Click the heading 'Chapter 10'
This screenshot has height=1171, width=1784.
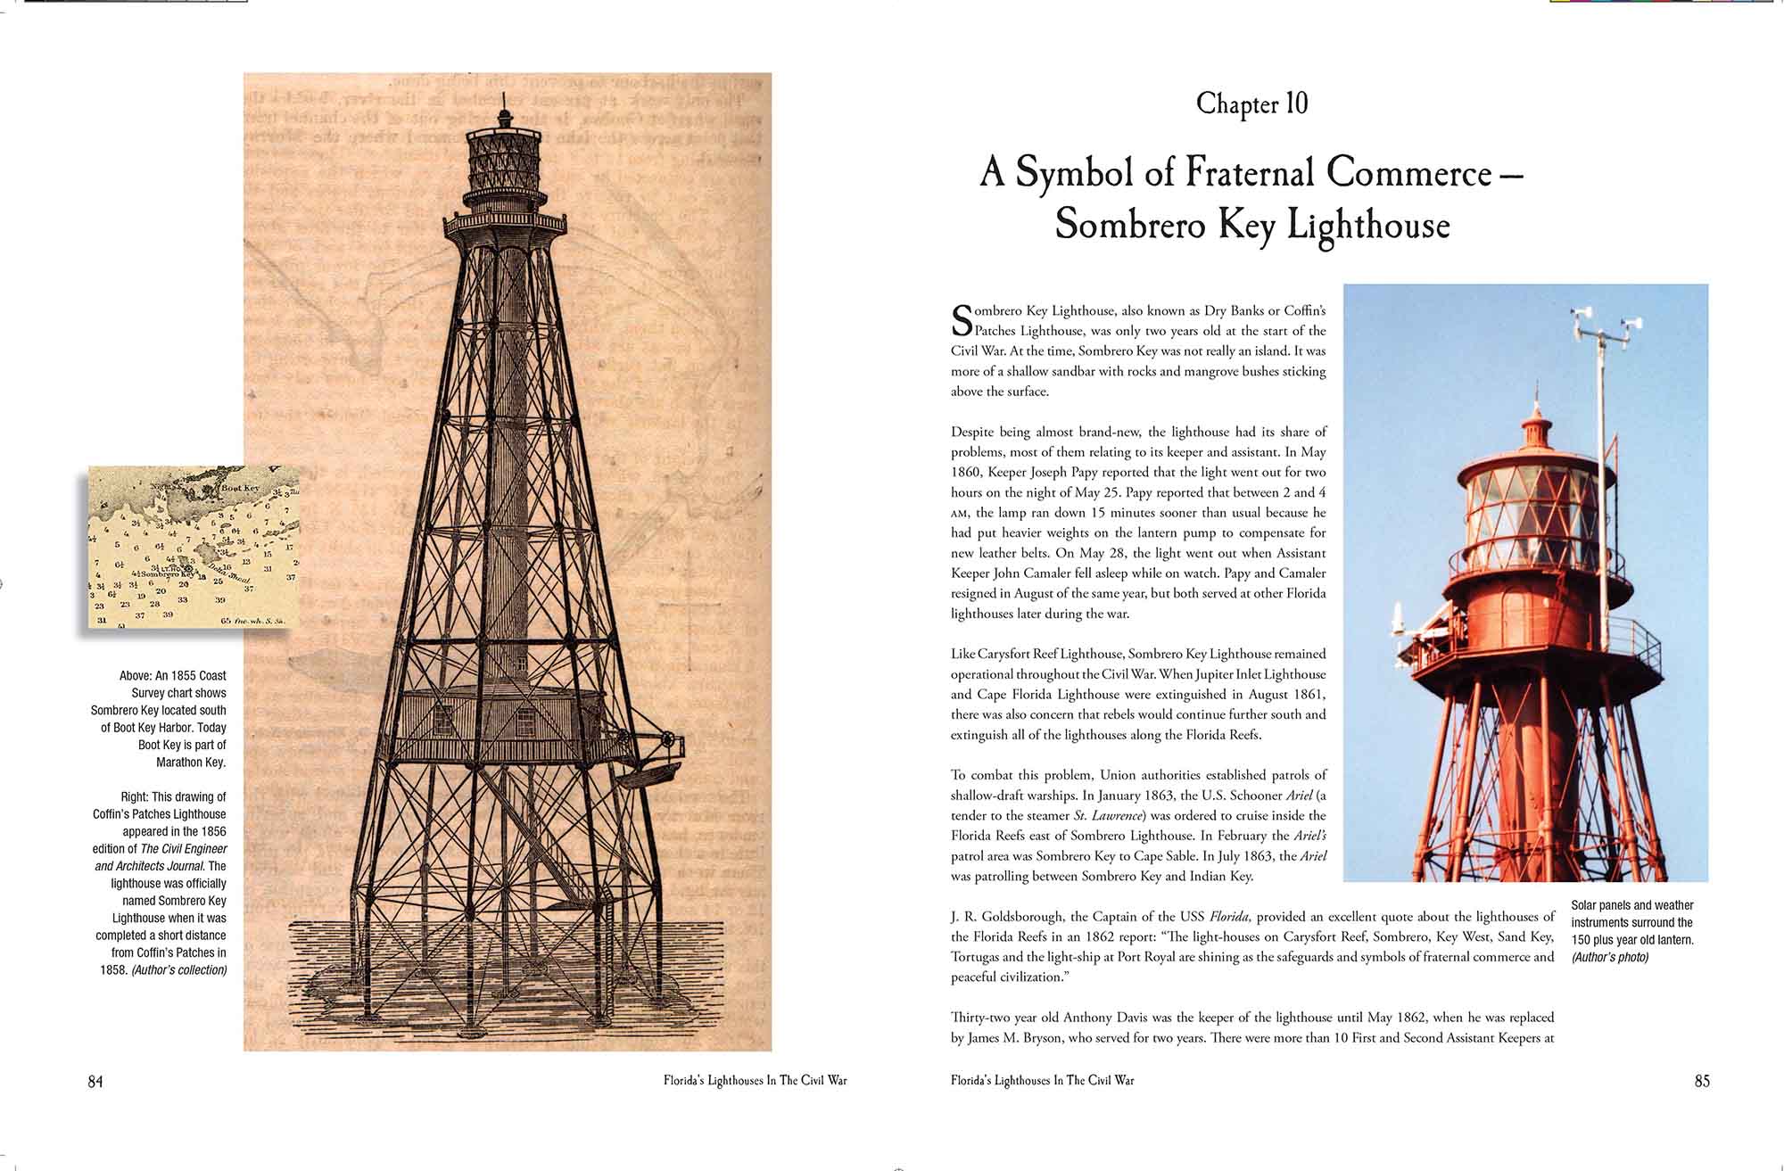[x=1251, y=104]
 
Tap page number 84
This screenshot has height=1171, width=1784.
[x=95, y=1081]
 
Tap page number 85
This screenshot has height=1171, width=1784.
[x=1701, y=1081]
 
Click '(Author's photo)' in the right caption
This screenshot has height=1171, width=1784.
[x=1610, y=957]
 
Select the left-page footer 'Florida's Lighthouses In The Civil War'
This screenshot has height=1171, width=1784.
[x=755, y=1081]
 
